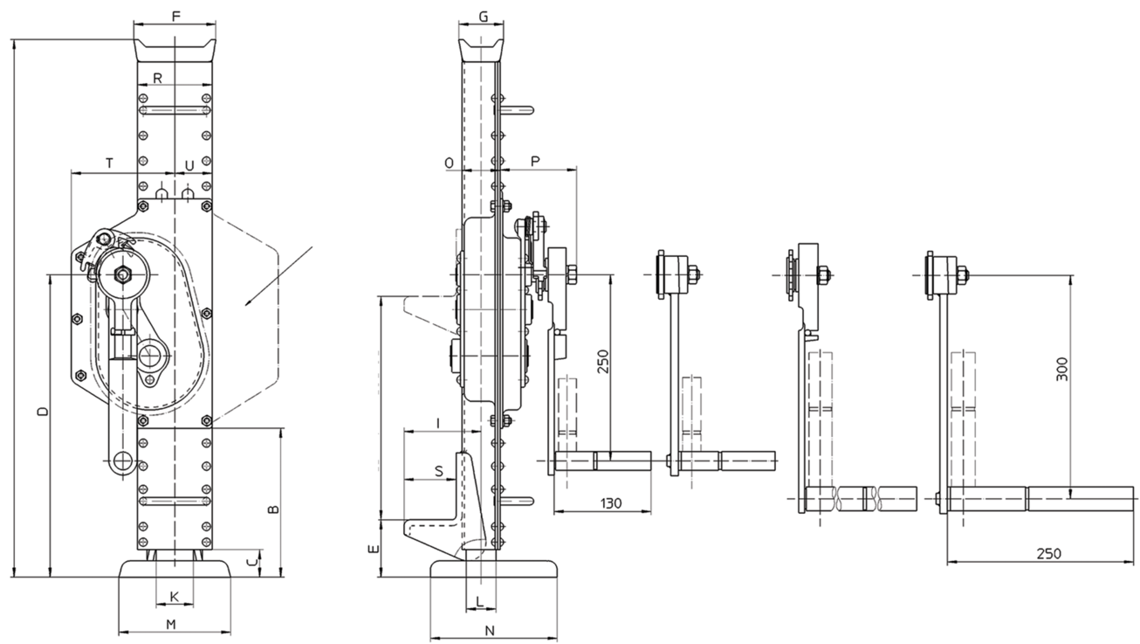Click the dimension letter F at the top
pyautogui.click(x=176, y=17)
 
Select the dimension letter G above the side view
pyautogui.click(x=484, y=17)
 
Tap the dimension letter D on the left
pyautogui.click(x=45, y=411)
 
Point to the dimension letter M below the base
pyautogui.click(x=171, y=624)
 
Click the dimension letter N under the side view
pyautogui.click(x=490, y=631)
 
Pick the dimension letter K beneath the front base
pyautogui.click(x=174, y=597)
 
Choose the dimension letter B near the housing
pyautogui.click(x=274, y=509)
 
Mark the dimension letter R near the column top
pyautogui.click(x=158, y=78)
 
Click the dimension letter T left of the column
pyautogui.click(x=109, y=163)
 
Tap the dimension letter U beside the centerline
pyautogui.click(x=189, y=165)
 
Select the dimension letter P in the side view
pyautogui.click(x=535, y=162)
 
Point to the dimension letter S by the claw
pyautogui.click(x=439, y=471)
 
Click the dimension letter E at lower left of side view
pyautogui.click(x=374, y=549)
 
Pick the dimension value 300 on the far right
pyautogui.click(x=1061, y=369)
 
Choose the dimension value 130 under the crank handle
pyautogui.click(x=611, y=503)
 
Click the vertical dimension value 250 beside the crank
pyautogui.click(x=603, y=361)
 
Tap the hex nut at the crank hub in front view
pyautogui.click(x=123, y=274)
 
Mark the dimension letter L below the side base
pyautogui.click(x=480, y=602)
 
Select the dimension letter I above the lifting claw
pyautogui.click(x=438, y=422)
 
